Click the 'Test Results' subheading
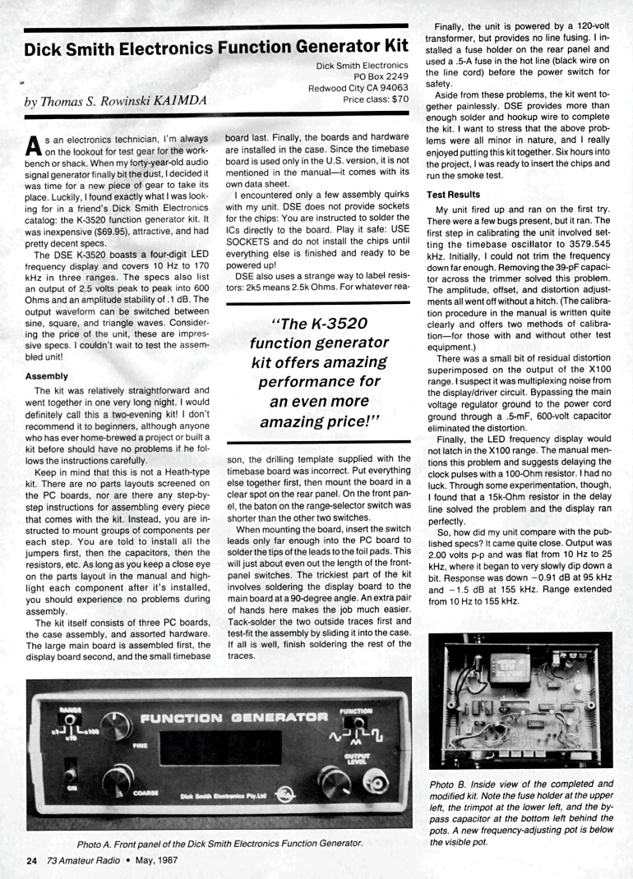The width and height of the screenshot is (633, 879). point(453,194)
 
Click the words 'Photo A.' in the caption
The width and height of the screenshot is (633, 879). point(98,844)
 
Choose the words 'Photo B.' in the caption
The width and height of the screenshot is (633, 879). point(451,784)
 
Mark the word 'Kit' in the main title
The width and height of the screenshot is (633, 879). point(392,47)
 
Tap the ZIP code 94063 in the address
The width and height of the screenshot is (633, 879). point(391,88)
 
